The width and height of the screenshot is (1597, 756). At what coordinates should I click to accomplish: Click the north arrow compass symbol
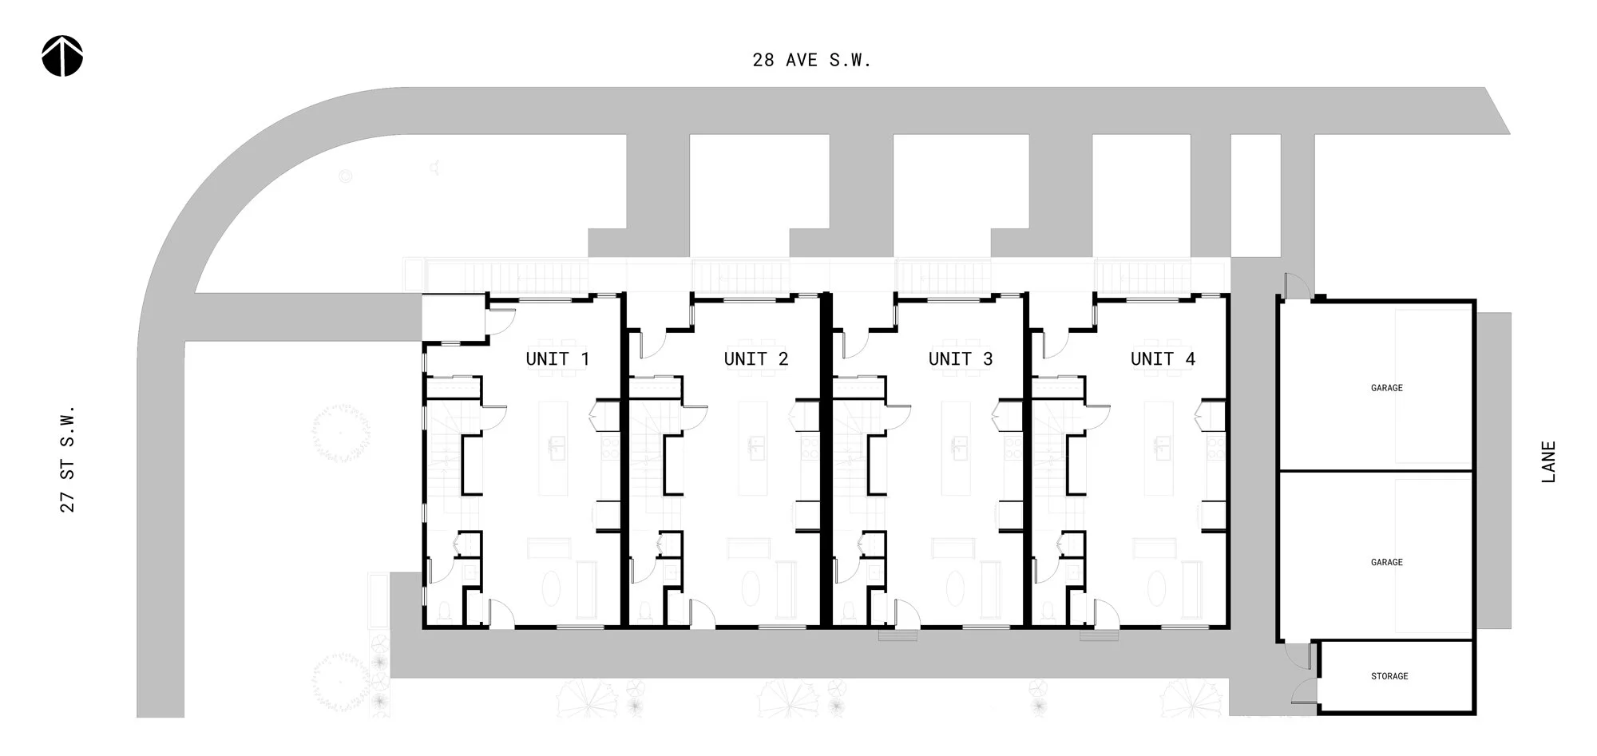click(x=62, y=57)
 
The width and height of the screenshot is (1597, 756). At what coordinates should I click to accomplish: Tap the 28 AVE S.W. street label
click(x=811, y=60)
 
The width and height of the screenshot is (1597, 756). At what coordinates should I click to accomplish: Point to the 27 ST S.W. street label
click(x=68, y=458)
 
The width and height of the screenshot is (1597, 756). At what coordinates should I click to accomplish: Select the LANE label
click(x=1548, y=461)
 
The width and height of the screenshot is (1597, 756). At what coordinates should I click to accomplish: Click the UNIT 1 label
click(x=557, y=359)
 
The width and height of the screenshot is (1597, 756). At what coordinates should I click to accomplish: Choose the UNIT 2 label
click(x=755, y=359)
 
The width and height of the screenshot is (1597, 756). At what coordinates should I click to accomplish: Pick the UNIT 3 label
click(x=961, y=359)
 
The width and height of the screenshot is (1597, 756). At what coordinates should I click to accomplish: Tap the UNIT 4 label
click(x=1163, y=359)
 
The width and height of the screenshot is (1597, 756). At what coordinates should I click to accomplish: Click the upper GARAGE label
click(x=1386, y=388)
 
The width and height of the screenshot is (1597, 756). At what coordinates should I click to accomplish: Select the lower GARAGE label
click(x=1386, y=563)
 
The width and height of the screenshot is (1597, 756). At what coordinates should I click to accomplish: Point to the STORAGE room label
click(x=1389, y=676)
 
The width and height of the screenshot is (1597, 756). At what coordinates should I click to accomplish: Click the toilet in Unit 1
click(x=444, y=612)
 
